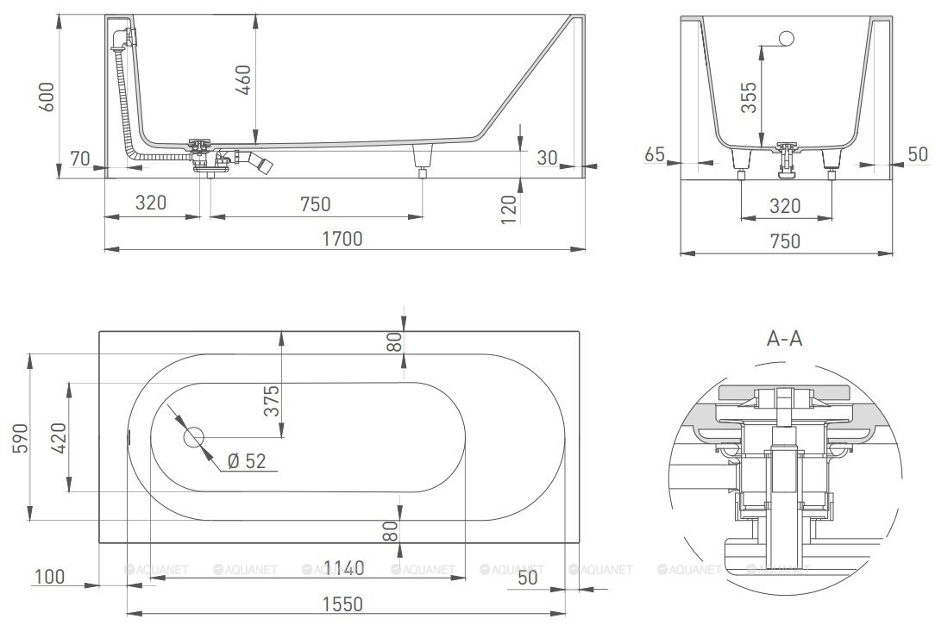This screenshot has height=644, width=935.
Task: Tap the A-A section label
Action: pyautogui.click(x=784, y=339)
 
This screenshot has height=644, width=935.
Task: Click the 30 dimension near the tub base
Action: pyautogui.click(x=546, y=157)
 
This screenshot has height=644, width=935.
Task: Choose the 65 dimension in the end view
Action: pyautogui.click(x=656, y=154)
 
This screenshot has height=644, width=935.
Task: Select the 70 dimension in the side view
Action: pyautogui.click(x=80, y=158)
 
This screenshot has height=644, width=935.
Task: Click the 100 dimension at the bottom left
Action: pyautogui.click(x=50, y=576)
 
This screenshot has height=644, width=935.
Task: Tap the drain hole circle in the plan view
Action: pyautogui.click(x=194, y=437)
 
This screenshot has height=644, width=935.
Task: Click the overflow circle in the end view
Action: pyautogui.click(x=787, y=38)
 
